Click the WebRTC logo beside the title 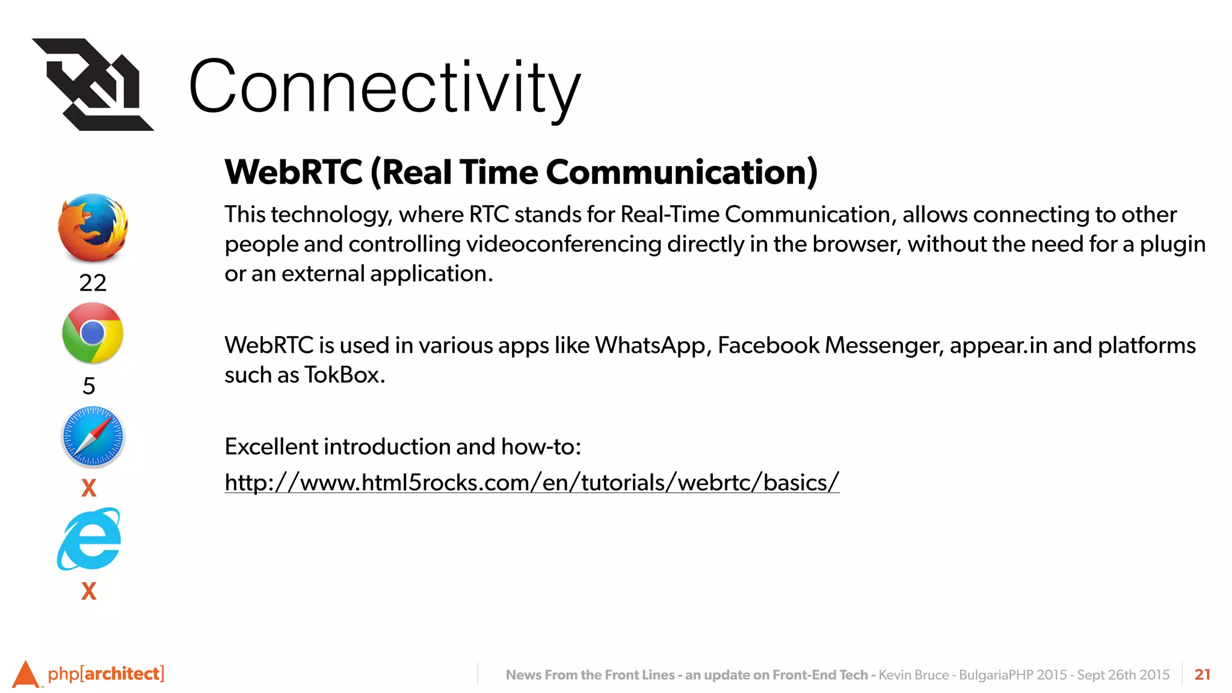click(93, 84)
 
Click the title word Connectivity click(385, 87)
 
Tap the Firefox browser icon click(93, 228)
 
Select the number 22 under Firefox click(93, 283)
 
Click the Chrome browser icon click(93, 333)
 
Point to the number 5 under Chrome click(89, 386)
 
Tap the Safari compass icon click(93, 437)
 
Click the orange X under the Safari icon click(89, 487)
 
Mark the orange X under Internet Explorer click(89, 591)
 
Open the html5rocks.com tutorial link click(532, 482)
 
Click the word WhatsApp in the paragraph click(650, 345)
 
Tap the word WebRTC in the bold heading click(294, 172)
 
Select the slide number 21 click(1202, 674)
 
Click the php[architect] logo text click(106, 673)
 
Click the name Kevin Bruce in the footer click(913, 675)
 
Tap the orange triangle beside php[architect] click(25, 674)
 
